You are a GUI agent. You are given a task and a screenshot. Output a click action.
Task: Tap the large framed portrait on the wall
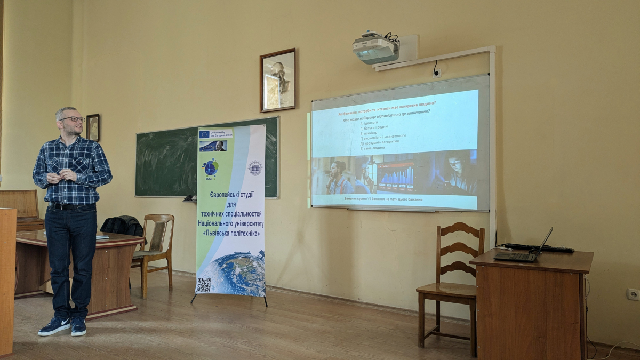point(277,80)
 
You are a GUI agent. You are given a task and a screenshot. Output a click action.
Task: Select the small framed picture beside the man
point(93,127)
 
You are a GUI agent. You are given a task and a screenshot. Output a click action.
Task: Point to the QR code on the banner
point(203,285)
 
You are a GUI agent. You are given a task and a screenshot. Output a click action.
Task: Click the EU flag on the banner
point(204,134)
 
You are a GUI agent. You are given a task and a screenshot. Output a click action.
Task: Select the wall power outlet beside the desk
point(633,294)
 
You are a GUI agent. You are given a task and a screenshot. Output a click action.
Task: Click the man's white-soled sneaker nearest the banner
point(78,326)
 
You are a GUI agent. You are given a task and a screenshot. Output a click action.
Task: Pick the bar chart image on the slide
point(396,177)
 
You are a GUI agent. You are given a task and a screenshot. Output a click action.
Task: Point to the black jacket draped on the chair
point(122,226)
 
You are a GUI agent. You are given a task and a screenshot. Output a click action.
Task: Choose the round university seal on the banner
point(255,168)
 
